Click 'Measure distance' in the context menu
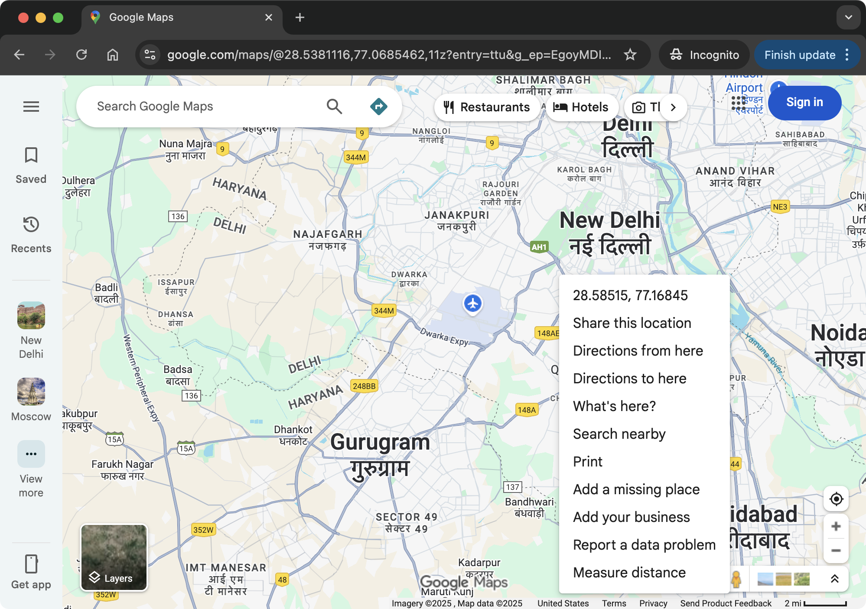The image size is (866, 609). click(x=629, y=573)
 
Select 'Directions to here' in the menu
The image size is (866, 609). click(x=629, y=379)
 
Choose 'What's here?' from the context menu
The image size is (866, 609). click(x=614, y=406)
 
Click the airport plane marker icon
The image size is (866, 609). click(x=472, y=303)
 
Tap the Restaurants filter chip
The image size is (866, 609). click(x=487, y=107)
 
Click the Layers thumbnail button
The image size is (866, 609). click(x=114, y=557)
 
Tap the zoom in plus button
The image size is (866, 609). click(x=836, y=527)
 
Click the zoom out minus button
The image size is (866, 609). click(x=836, y=551)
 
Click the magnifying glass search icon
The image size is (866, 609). click(x=334, y=107)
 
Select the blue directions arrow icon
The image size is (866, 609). click(x=378, y=107)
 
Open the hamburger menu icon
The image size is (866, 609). click(x=31, y=107)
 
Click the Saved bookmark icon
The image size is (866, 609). click(x=31, y=155)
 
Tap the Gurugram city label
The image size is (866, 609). click(x=380, y=443)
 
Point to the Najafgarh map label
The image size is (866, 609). click(x=328, y=234)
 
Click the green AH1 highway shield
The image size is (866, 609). click(x=539, y=247)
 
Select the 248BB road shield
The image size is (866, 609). click(x=364, y=386)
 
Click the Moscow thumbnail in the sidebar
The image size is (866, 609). click(x=31, y=392)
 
